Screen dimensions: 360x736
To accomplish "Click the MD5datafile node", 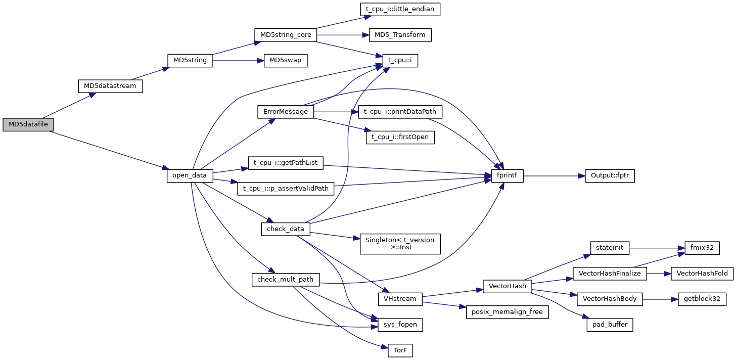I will click(28, 124).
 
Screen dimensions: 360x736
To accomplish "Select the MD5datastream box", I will click(110, 86).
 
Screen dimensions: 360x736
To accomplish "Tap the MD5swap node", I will click(285, 60).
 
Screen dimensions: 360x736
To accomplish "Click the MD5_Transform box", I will click(400, 35).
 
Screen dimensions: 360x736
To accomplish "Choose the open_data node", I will click(190, 175).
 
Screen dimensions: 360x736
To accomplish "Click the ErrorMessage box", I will click(286, 112).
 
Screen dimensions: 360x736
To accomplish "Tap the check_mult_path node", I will click(285, 280).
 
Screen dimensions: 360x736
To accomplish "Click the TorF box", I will click(400, 350).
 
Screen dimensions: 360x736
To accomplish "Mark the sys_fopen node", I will click(400, 325).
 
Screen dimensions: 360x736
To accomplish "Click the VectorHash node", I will click(507, 286).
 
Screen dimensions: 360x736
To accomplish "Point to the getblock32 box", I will click(702, 299).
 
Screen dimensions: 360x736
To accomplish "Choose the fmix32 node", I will click(702, 248).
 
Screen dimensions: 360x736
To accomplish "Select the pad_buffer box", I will click(610, 325).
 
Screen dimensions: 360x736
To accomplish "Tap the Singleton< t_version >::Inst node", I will click(400, 244).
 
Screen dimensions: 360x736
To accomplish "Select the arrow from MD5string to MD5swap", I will click(238, 60).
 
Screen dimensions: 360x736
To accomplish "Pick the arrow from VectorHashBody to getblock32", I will click(660, 299).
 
